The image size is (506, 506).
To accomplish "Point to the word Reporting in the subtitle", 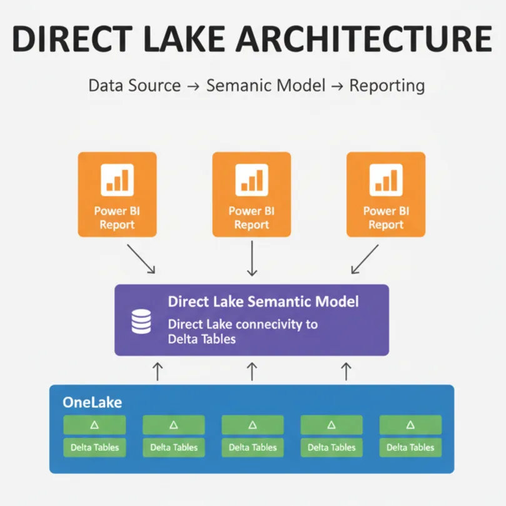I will (x=387, y=86).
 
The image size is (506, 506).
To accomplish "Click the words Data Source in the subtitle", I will (x=134, y=86).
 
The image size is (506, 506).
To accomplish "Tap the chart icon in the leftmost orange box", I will (x=117, y=180).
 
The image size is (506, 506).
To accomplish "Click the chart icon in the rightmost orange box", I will (x=386, y=180).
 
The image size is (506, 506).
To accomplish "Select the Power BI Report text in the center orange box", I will (x=251, y=218).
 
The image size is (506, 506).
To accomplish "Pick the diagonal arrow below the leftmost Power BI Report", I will (x=141, y=258).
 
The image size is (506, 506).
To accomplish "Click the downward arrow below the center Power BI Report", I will (x=252, y=259).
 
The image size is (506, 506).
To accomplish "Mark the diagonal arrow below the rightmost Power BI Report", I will (x=365, y=258).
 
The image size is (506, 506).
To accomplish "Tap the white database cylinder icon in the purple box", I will (x=141, y=321).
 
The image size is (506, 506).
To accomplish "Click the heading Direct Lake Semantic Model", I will (x=263, y=301).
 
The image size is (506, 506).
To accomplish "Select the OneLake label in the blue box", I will (x=92, y=402).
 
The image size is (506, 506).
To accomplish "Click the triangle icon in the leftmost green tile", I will (x=94, y=425).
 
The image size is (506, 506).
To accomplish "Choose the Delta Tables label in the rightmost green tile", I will (x=410, y=447).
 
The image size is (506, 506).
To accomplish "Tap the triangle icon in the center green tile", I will (x=253, y=425).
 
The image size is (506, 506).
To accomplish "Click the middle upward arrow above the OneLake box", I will (x=252, y=371).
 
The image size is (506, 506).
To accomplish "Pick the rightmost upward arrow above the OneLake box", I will (x=345, y=371).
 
